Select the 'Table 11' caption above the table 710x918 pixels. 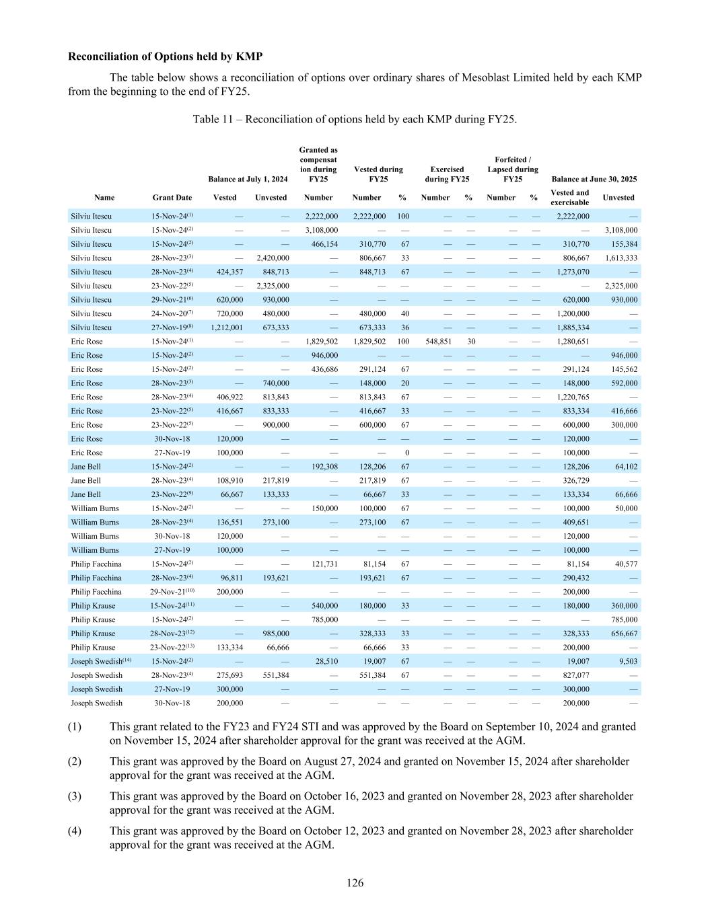(x=355, y=119)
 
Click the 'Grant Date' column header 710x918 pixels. (x=172, y=198)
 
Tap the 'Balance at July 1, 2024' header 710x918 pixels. (x=248, y=179)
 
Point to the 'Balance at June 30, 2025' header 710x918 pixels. (x=594, y=179)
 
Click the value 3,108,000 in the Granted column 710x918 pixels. (x=322, y=230)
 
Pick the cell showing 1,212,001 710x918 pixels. (x=226, y=328)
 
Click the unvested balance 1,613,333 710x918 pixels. (x=620, y=258)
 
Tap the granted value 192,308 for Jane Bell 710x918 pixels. (x=323, y=467)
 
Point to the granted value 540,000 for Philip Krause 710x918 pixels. (x=323, y=606)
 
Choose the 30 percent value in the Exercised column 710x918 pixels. (x=471, y=342)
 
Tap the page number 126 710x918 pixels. (x=355, y=882)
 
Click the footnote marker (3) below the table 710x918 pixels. (x=75, y=796)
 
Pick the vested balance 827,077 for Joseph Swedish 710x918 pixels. (x=575, y=675)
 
